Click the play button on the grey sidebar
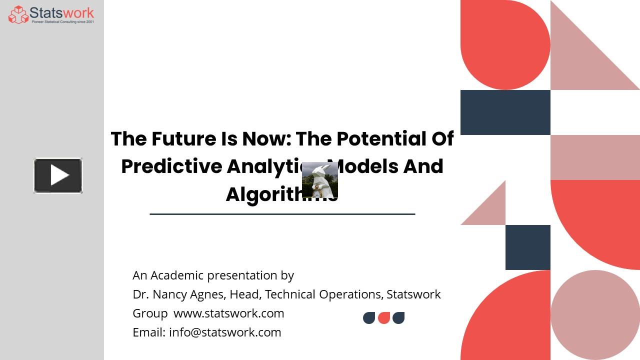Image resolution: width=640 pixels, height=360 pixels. [58, 175]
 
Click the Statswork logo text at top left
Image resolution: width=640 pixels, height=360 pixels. [61, 12]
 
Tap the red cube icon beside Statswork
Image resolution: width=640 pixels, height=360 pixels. [18, 14]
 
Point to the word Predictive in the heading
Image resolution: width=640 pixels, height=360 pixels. [171, 166]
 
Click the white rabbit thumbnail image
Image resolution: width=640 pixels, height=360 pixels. [320, 180]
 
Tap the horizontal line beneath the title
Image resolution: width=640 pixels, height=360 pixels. [282, 214]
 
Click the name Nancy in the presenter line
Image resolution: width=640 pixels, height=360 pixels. [170, 294]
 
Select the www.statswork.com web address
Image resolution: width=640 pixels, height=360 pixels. [228, 313]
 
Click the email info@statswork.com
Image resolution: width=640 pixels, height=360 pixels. [225, 332]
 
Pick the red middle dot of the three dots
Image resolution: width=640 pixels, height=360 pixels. [384, 318]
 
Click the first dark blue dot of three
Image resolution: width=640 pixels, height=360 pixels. [369, 318]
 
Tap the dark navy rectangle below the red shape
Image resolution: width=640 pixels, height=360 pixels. [505, 112]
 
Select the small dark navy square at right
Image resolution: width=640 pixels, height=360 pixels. [527, 247]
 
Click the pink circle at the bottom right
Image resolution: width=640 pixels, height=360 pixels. [595, 315]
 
